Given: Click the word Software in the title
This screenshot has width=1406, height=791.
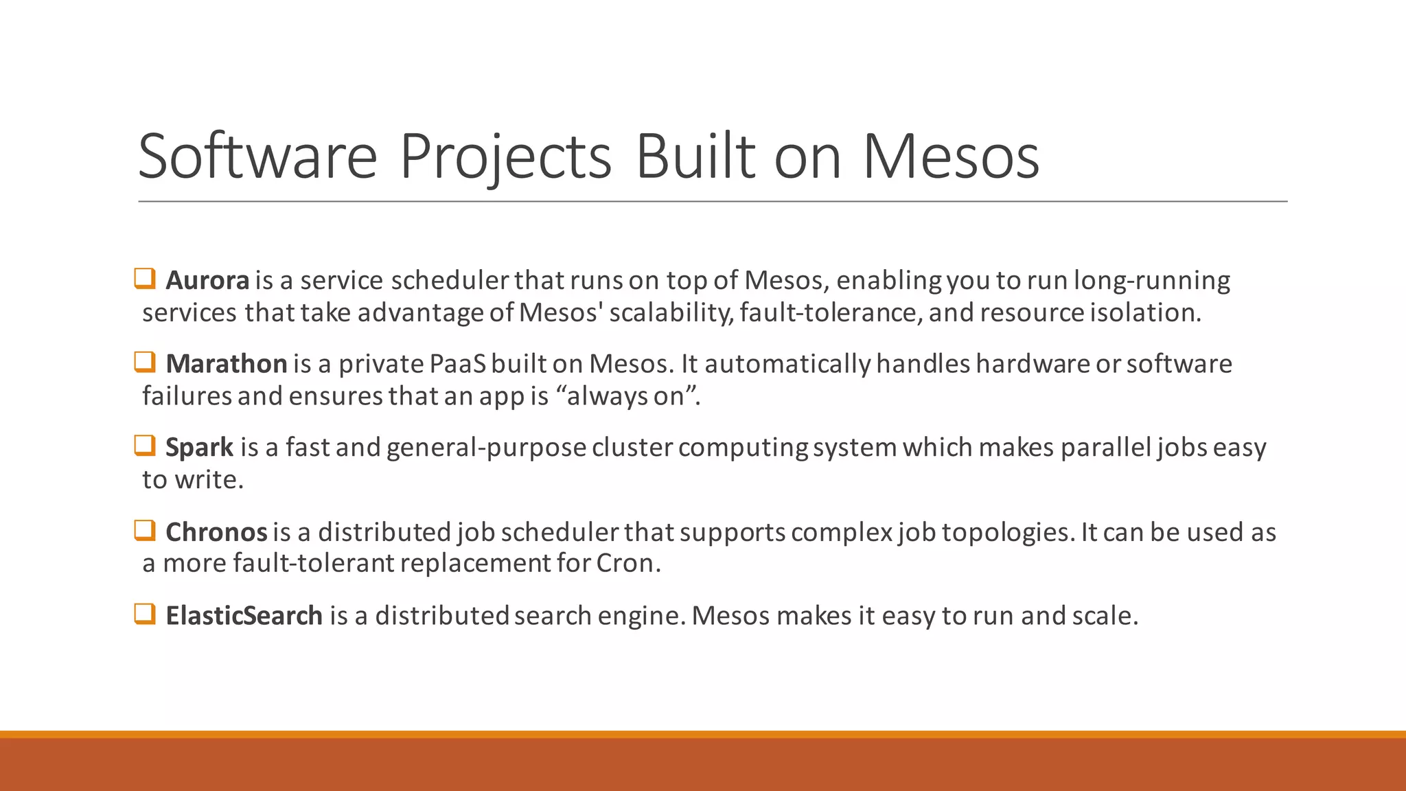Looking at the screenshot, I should click(x=257, y=157).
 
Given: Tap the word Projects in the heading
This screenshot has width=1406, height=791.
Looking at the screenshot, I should click(x=505, y=158).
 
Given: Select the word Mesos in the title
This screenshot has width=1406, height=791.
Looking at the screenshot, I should click(x=950, y=157).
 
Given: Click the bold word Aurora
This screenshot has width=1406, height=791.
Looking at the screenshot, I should click(x=207, y=280).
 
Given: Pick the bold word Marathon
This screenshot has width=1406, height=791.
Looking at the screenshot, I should click(x=227, y=364).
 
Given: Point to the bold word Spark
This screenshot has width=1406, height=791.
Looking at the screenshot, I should click(x=200, y=448).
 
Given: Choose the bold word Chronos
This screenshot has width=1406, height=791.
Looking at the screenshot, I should click(x=216, y=532).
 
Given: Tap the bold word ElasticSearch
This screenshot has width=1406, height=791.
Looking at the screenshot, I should click(x=244, y=616).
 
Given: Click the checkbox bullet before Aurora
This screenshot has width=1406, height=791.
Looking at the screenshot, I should click(x=145, y=279).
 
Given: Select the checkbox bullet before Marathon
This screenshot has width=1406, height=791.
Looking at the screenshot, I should click(x=145, y=362).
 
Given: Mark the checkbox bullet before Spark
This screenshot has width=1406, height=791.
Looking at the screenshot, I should click(x=145, y=446).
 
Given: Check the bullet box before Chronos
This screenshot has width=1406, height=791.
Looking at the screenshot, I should click(x=145, y=530).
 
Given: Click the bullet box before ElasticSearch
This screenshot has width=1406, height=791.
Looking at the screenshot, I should click(x=145, y=614).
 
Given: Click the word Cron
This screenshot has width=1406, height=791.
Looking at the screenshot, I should click(x=625, y=563).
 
